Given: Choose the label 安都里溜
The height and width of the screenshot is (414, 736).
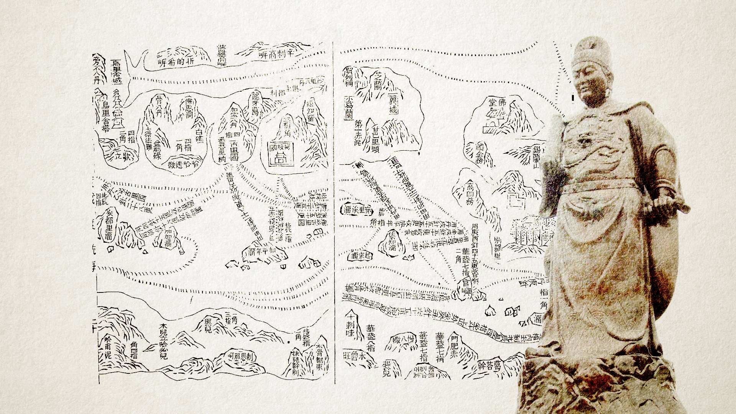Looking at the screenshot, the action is coord(109,224).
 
